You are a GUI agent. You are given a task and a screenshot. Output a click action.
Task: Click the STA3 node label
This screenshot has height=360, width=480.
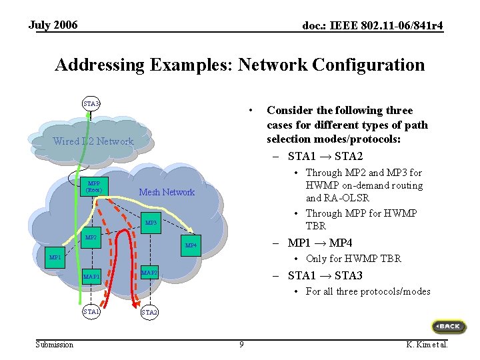click(x=91, y=103)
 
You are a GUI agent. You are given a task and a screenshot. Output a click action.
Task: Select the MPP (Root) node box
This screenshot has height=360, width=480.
click(x=93, y=187)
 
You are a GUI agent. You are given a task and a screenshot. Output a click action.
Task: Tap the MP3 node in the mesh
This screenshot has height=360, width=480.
click(x=151, y=223)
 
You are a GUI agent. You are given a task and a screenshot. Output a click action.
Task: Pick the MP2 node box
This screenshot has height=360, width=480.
click(x=91, y=238)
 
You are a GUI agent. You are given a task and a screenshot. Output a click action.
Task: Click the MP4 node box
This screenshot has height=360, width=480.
click(x=191, y=245)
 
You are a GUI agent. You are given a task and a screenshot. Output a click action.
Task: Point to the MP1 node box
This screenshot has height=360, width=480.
click(x=55, y=257)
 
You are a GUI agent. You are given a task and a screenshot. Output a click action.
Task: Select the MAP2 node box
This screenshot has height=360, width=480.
click(x=150, y=273)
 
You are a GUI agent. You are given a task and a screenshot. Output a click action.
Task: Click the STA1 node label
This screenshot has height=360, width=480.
click(x=91, y=311)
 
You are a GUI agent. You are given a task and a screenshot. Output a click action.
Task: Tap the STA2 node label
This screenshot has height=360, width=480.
click(x=149, y=312)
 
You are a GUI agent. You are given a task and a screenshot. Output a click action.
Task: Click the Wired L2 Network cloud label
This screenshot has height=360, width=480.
click(x=93, y=141)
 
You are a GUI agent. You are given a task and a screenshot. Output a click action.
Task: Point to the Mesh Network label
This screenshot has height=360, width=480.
click(x=167, y=192)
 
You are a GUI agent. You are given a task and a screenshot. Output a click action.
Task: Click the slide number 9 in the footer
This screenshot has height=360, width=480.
click(x=241, y=344)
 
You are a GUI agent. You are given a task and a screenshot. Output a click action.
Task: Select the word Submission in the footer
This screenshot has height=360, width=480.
click(x=55, y=344)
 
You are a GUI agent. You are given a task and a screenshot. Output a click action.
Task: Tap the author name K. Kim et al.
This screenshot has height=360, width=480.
click(x=427, y=344)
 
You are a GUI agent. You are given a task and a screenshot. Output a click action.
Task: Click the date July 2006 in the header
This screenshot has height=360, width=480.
click(x=53, y=25)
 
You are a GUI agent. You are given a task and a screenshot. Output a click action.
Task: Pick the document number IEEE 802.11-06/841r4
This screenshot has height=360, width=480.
click(x=373, y=26)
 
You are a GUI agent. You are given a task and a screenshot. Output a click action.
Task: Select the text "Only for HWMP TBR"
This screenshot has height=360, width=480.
click(x=353, y=259)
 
